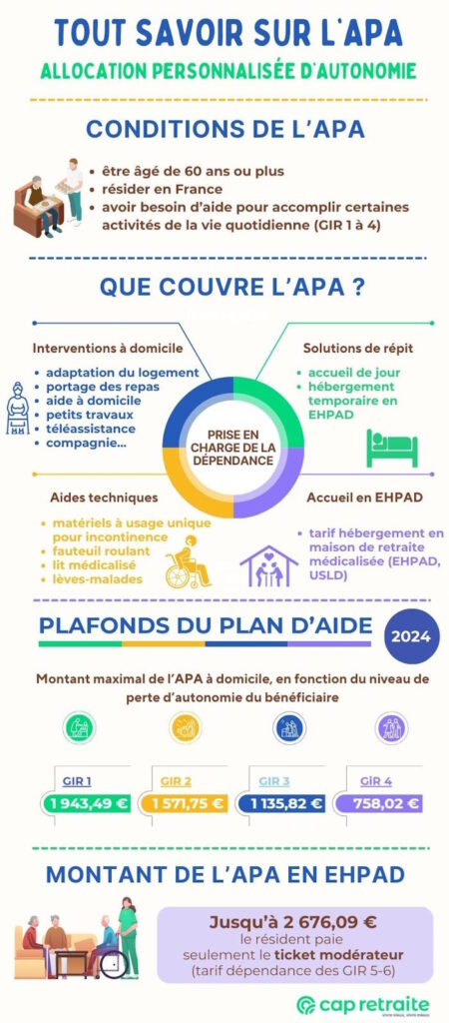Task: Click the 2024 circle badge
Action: pos(411,636)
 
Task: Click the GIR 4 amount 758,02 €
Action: pos(385,802)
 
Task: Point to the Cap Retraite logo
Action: pos(365,1004)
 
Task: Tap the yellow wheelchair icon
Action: pos(189,564)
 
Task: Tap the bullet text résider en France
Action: pos(156,187)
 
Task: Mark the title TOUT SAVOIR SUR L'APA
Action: pos(228,33)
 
